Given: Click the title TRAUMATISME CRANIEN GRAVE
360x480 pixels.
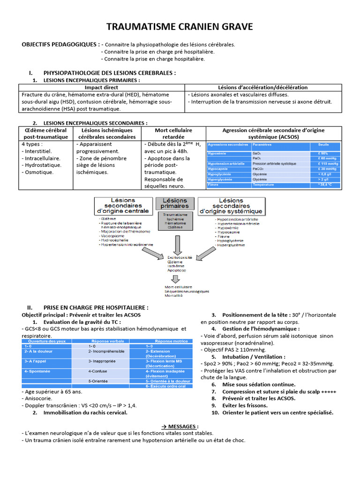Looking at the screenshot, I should [180, 27].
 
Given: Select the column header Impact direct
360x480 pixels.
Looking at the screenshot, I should [101, 88].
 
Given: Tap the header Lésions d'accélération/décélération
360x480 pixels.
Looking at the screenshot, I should [263, 88].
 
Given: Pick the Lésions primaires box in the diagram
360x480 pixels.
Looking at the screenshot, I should [174, 203].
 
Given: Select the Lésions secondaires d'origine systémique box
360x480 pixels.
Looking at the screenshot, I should [231, 206].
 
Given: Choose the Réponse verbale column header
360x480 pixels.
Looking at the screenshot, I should [108, 341].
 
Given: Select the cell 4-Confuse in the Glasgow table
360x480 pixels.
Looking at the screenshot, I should [97, 371].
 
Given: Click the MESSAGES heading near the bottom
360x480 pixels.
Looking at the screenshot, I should [180, 426].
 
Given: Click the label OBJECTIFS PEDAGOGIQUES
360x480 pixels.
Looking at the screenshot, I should [60, 45].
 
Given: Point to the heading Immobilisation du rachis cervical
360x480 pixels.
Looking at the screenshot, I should [85, 412].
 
